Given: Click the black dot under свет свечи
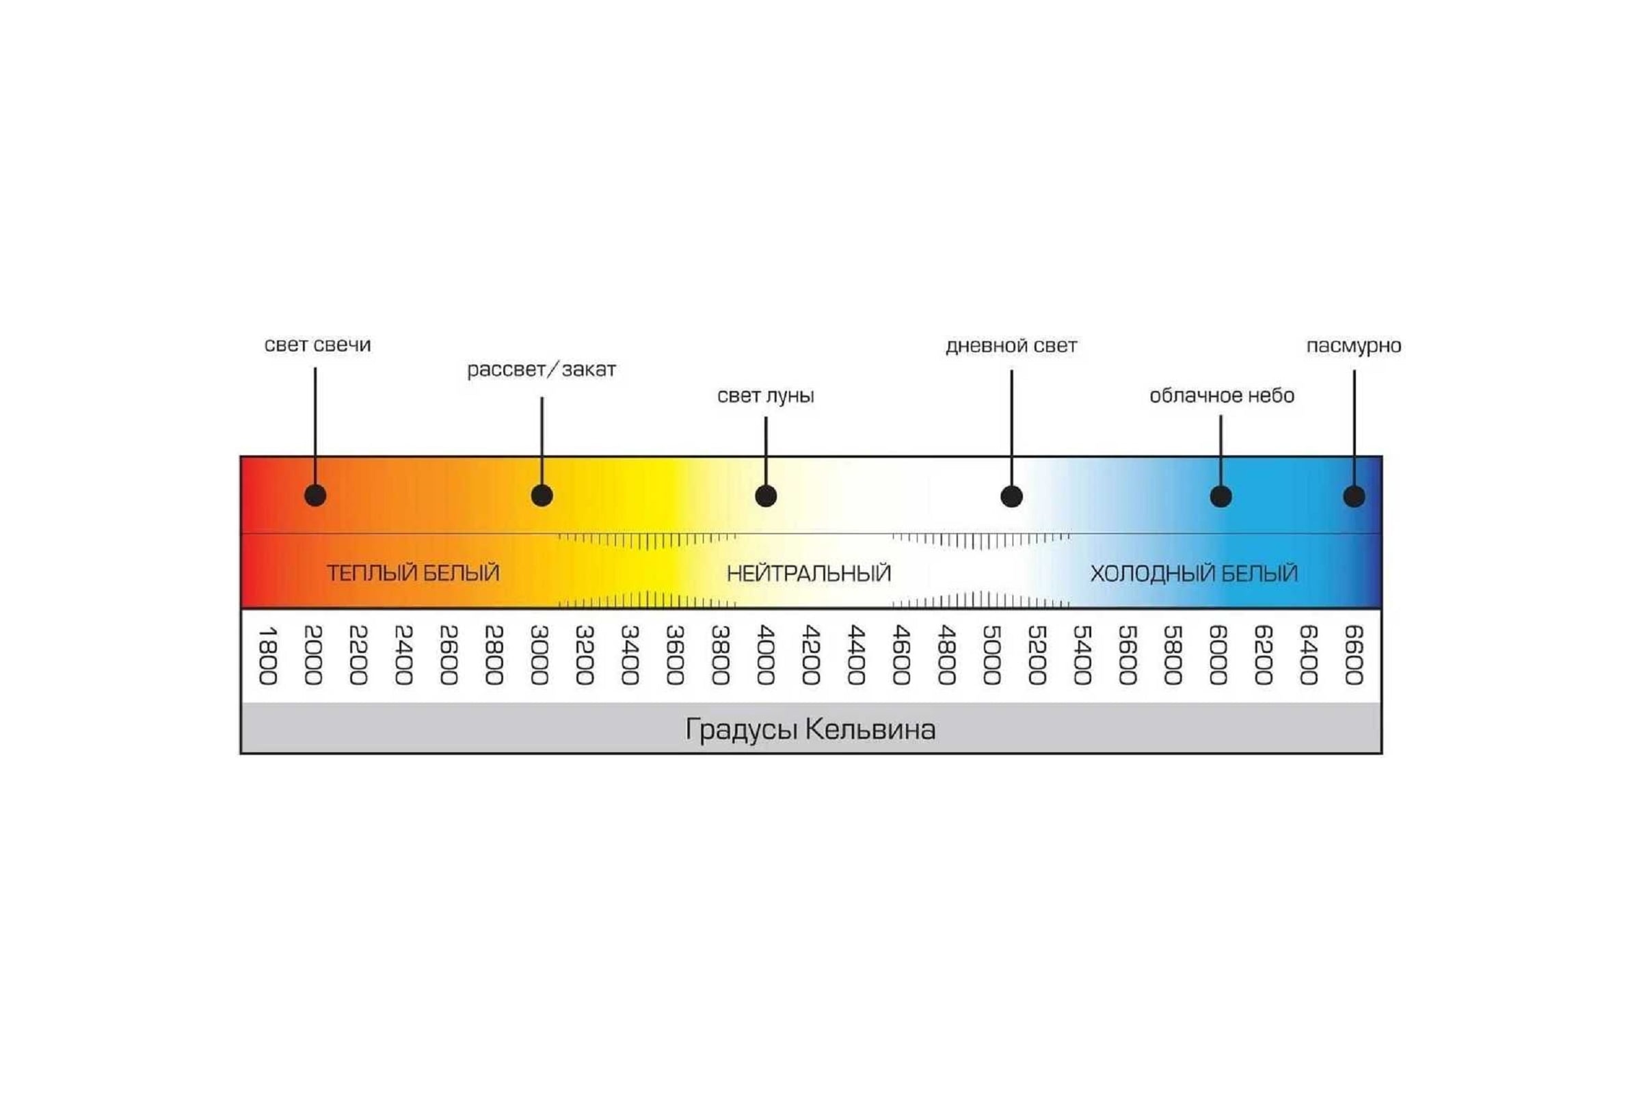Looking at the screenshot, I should (315, 495).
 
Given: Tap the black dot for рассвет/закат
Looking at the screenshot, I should (542, 495).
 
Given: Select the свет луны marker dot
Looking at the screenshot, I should (766, 496).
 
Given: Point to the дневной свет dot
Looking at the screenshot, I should (1012, 497).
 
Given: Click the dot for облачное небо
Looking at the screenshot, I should (1221, 497).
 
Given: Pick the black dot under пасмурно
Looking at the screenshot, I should (1355, 497).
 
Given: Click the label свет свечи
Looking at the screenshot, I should (317, 345).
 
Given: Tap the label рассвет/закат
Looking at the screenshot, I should (542, 369).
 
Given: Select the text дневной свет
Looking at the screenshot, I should (1011, 346).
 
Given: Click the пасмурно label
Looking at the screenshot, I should (1354, 346).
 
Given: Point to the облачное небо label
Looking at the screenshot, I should (1222, 396).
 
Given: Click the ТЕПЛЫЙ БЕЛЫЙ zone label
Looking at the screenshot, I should (413, 573).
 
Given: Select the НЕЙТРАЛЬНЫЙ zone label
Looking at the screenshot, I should (809, 574).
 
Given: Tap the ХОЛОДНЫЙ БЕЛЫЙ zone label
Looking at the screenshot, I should (1194, 574).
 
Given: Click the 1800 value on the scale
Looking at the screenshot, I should (268, 655).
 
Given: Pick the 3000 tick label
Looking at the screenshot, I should (539, 655).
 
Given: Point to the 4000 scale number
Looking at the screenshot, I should (766, 655).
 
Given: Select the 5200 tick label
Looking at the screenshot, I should (1037, 655).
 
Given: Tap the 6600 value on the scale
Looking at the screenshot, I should (1355, 655).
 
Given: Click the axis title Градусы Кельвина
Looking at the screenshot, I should (810, 730).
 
